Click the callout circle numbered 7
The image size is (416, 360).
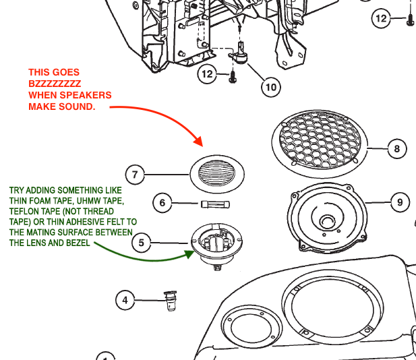[x=136, y=175]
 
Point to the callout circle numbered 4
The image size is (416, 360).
[x=125, y=300]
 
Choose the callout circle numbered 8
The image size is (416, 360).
[x=396, y=148]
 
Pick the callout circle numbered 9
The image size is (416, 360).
[x=400, y=202]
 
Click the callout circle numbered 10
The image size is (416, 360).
[x=270, y=87]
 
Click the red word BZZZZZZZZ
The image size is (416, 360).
[x=55, y=84]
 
